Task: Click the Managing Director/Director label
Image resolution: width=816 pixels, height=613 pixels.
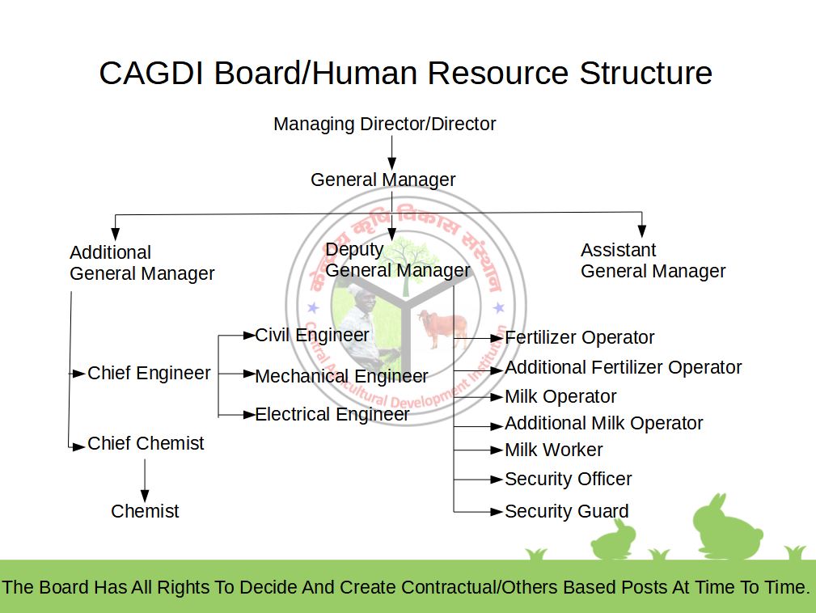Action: pos(384,125)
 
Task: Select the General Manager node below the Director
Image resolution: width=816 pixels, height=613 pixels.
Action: pos(383,180)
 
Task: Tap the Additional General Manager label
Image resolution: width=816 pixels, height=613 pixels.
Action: pos(142,263)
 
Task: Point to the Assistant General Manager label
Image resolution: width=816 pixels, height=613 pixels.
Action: pos(653,260)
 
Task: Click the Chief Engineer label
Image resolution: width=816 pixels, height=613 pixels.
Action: pos(149,373)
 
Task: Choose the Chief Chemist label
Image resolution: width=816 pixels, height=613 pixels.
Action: pos(146,443)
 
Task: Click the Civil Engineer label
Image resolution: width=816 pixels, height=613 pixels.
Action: pos(312,335)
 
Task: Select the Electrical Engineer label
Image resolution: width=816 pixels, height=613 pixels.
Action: pos(332,414)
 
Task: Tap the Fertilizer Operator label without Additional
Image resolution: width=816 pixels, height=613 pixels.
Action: pos(579,337)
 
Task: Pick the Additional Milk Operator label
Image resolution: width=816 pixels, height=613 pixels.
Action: pos(603,423)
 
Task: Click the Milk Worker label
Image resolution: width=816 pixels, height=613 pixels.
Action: pos(553,450)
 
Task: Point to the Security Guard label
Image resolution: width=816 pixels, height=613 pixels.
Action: pos(566,511)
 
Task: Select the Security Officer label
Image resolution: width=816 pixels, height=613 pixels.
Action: pos(568,479)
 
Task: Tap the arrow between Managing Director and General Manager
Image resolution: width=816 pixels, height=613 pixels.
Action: pos(391,152)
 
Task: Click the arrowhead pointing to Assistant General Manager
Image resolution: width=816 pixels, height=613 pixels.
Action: pos(641,230)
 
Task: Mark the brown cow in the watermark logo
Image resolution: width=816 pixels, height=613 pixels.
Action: pos(444,328)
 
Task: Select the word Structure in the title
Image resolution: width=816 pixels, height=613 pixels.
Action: pos(645,73)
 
